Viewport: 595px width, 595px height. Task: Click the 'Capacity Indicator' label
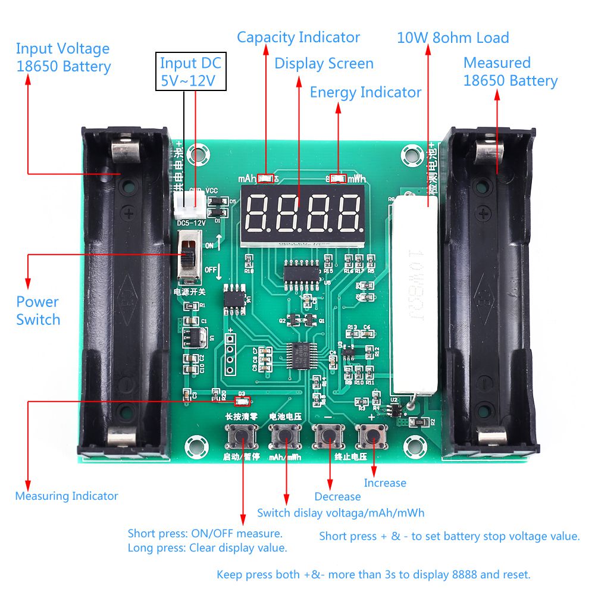[x=298, y=37]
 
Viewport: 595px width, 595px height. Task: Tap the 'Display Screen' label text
[x=324, y=64]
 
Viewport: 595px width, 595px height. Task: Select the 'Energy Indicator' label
[x=365, y=92]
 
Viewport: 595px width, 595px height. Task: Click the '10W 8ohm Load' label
[x=453, y=38]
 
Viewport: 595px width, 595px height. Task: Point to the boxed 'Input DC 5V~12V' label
[x=191, y=71]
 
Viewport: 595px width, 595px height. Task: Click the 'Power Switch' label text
[x=38, y=311]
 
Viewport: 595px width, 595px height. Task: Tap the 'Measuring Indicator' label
[x=67, y=496]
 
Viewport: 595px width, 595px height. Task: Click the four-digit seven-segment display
[x=302, y=214]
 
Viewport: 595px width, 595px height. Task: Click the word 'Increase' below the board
[x=385, y=483]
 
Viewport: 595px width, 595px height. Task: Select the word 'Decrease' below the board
[x=337, y=497]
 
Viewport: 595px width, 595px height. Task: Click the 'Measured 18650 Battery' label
[x=511, y=72]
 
